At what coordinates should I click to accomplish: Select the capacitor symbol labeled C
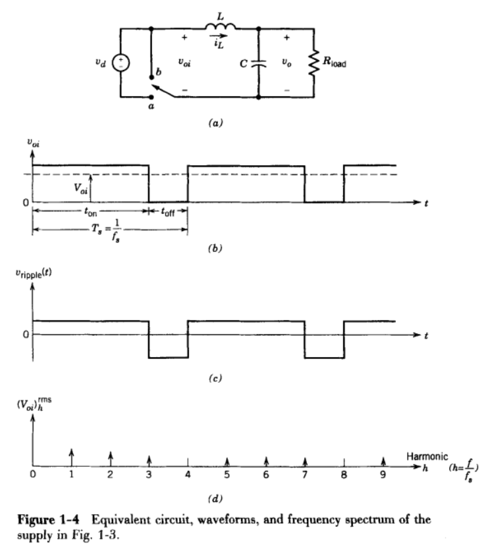[258, 63]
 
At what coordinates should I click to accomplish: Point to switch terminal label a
[150, 107]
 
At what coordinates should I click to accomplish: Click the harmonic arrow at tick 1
[72, 454]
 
